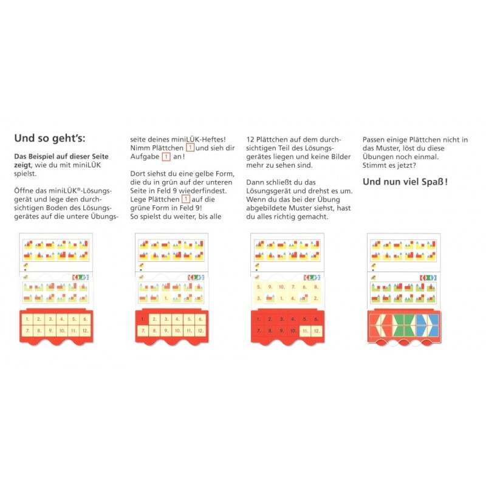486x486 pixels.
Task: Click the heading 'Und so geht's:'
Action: [x=50, y=139]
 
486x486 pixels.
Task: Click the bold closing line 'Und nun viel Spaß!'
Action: [x=405, y=182]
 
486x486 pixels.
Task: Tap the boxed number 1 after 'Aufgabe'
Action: [x=166, y=157]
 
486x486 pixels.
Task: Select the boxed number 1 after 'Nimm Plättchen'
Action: [x=190, y=148]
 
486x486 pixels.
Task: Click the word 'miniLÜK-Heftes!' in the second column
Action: [x=199, y=140]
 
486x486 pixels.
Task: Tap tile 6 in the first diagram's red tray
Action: [x=85, y=319]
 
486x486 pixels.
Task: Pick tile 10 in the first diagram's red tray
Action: [x=62, y=330]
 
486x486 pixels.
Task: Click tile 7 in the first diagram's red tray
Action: [x=27, y=330]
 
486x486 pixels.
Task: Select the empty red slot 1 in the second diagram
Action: [x=143, y=319]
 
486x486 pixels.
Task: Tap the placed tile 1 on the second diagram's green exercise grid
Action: [x=166, y=298]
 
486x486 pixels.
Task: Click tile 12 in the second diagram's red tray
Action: [x=201, y=330]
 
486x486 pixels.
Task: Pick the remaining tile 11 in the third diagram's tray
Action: [x=305, y=331]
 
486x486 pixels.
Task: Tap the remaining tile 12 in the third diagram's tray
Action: [x=317, y=331]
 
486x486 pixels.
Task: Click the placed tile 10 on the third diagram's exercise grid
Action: [x=281, y=287]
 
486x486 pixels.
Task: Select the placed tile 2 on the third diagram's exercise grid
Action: [x=316, y=298]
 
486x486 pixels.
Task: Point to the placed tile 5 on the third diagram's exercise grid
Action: [x=259, y=287]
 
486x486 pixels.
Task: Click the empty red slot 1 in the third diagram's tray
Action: [x=259, y=320]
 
